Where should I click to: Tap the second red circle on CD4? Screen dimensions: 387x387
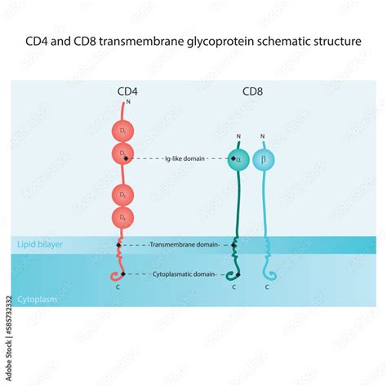coord(123,153)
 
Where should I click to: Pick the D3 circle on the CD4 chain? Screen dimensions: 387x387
coord(123,195)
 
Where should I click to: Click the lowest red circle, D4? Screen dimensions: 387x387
coord(123,217)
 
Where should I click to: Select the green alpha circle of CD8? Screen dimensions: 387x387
coord(239,158)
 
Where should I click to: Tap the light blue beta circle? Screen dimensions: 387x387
coord(264,158)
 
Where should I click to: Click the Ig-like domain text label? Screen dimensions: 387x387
coord(182,158)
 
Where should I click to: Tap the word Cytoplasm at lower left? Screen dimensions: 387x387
coord(37,300)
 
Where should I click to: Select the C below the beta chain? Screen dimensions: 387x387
coord(268,287)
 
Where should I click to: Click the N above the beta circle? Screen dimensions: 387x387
coord(262,136)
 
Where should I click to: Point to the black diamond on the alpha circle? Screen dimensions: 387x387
coord(234,158)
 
